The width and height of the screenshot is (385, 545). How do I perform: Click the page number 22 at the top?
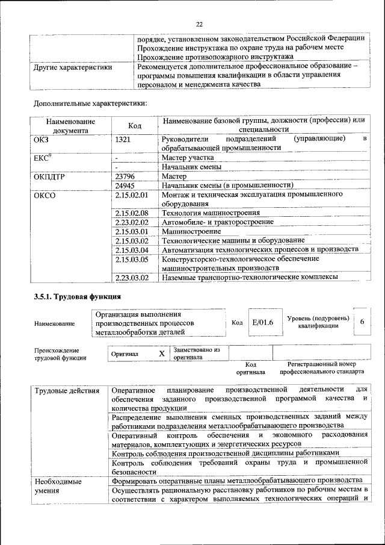coord(200,24)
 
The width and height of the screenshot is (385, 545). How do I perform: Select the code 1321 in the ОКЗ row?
coord(123,139)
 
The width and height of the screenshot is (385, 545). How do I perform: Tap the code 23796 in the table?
coord(125,176)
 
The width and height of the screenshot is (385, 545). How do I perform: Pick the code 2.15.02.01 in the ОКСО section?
coord(131,195)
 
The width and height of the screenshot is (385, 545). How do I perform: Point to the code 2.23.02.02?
coord(131,222)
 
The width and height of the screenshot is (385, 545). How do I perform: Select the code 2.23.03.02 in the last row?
coord(131,278)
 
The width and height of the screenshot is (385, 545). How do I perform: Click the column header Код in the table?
coord(135,125)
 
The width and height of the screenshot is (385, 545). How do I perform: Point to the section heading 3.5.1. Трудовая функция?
coord(78,297)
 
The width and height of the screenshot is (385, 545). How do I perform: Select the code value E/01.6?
coord(262,323)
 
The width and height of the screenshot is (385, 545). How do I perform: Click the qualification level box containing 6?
coord(362,322)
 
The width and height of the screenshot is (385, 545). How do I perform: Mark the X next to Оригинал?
coord(161,354)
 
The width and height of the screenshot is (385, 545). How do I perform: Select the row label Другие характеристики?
coord(73,67)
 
